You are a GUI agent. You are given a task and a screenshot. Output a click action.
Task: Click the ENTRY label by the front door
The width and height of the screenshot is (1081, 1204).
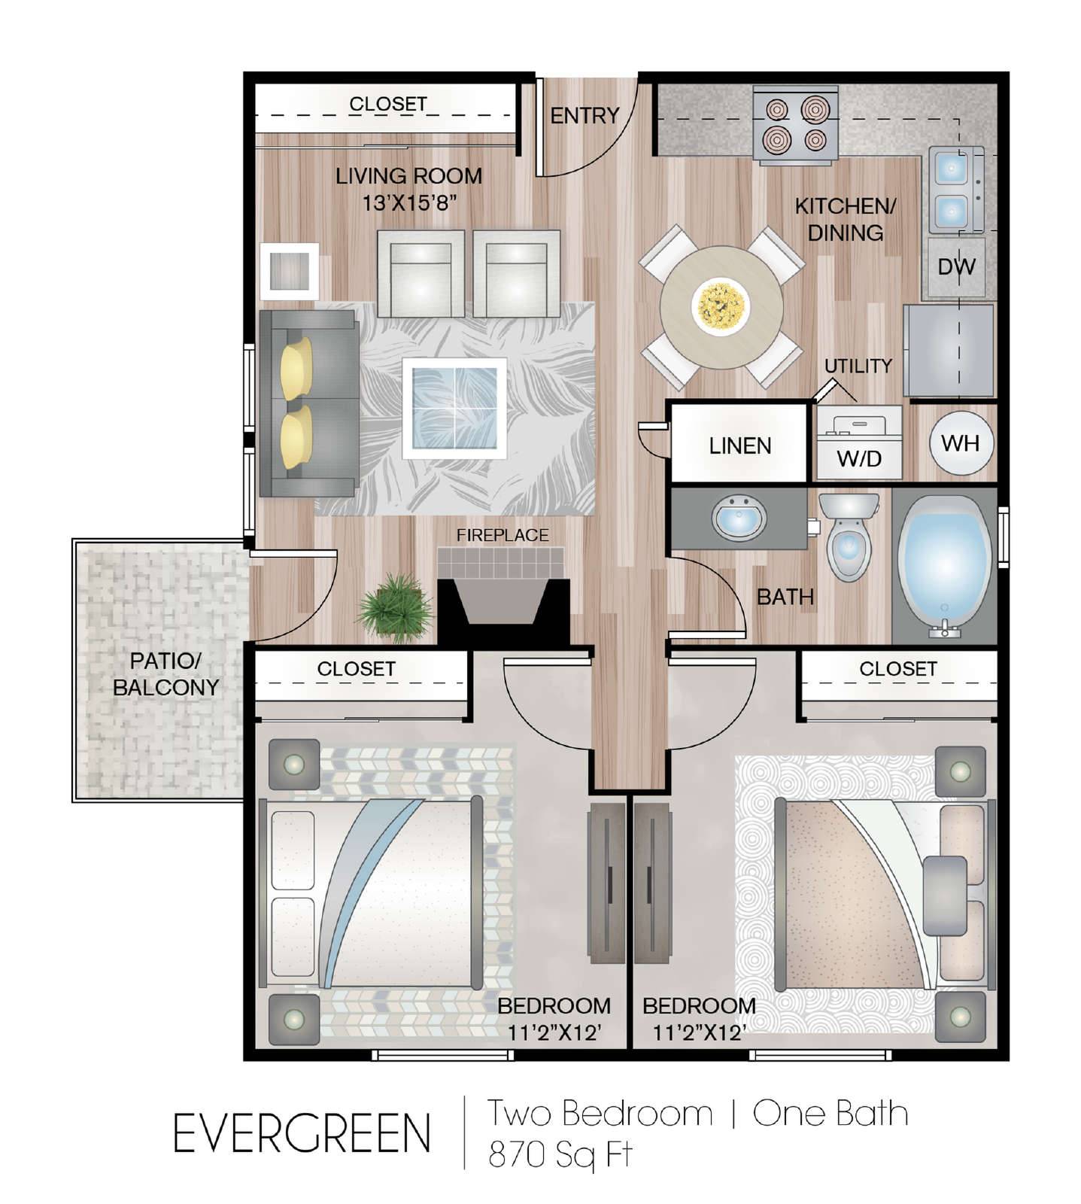click(585, 115)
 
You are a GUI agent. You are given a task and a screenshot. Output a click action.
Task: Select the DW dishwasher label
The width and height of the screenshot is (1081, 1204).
click(956, 266)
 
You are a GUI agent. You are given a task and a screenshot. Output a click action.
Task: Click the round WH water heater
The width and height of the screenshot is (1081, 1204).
click(961, 443)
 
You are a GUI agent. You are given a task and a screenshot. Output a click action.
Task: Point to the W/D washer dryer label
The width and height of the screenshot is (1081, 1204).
click(859, 458)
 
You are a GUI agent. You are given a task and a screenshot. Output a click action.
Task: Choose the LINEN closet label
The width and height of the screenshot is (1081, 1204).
click(740, 445)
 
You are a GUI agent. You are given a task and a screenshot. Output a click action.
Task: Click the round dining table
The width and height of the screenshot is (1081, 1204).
click(721, 307)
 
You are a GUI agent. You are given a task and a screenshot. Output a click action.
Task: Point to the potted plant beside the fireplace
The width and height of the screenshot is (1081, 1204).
click(396, 607)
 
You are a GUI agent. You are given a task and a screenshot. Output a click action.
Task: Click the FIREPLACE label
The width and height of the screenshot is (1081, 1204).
click(503, 535)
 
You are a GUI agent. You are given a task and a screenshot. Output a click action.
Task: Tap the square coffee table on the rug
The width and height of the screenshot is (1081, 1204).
click(454, 408)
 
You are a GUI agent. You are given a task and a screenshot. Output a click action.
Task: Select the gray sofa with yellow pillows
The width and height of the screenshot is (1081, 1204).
click(308, 403)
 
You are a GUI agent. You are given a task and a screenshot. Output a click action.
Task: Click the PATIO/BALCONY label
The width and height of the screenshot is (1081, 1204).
click(165, 673)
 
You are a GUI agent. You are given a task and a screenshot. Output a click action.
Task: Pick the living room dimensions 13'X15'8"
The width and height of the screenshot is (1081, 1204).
click(410, 202)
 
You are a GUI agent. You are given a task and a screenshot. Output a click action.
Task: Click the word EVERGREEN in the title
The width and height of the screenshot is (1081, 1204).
click(302, 1133)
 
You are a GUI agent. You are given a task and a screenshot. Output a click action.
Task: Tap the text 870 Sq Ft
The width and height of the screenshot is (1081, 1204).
click(560, 1154)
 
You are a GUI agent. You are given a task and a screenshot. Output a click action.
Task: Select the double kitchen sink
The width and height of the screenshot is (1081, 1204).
click(955, 190)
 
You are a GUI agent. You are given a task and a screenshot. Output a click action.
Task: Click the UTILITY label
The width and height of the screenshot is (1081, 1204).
click(858, 366)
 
